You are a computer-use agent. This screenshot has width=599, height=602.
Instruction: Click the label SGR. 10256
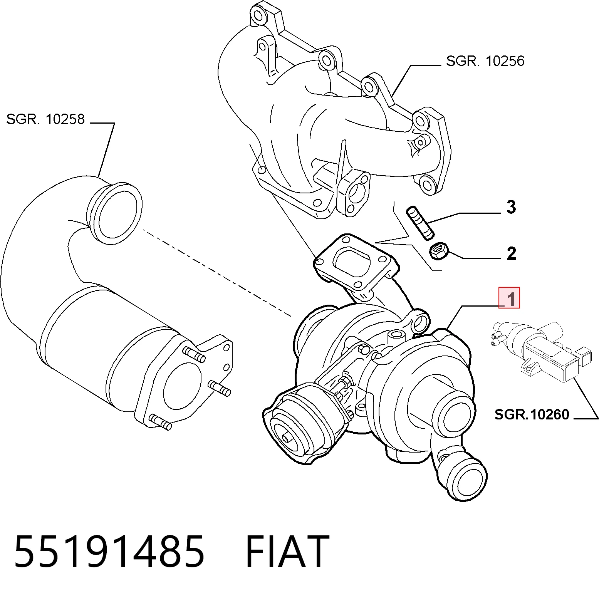click(485, 61)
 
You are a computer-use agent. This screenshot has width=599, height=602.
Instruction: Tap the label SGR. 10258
click(45, 119)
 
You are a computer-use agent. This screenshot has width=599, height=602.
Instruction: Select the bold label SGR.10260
click(532, 414)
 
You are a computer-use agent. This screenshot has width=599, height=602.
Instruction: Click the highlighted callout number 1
click(509, 298)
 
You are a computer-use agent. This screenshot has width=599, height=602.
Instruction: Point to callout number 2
click(511, 253)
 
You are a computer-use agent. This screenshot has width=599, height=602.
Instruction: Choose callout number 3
click(511, 207)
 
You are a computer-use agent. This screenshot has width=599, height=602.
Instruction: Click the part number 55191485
click(109, 552)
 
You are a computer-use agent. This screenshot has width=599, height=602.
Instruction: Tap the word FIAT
click(287, 552)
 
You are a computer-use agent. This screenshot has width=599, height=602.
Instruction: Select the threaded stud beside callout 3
click(420, 223)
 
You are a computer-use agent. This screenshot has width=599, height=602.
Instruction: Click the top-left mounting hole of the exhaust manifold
click(258, 14)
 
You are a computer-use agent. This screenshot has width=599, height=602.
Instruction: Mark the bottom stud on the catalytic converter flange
click(160, 422)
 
